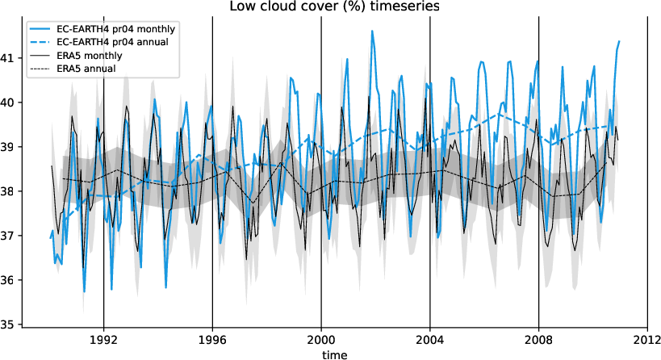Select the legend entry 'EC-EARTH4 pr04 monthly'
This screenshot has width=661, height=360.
[x=116, y=28]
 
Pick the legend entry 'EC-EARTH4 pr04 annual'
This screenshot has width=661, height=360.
[x=112, y=42]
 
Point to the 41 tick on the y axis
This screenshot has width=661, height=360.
[x=8, y=58]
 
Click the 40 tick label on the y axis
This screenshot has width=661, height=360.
[x=8, y=103]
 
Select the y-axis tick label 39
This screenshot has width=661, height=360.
[x=8, y=147]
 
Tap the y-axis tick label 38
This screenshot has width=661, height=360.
[x=8, y=191]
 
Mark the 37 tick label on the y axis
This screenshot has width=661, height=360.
[x=8, y=236]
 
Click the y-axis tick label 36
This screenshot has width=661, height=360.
[x=8, y=280]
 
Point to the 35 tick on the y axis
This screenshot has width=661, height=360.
[x=8, y=324]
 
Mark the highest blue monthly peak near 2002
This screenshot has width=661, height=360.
[x=372, y=31]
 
